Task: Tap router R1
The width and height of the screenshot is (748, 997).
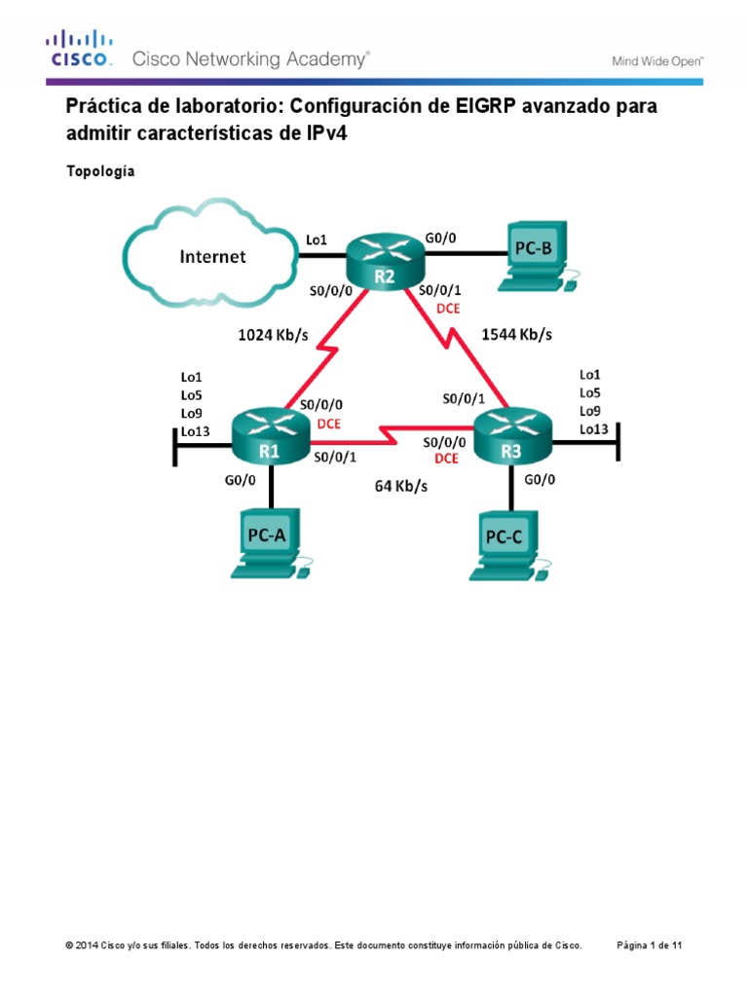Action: click(269, 435)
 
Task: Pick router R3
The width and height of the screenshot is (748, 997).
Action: click(511, 435)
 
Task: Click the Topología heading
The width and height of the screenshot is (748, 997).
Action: click(100, 171)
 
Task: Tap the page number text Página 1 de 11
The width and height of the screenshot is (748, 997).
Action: click(655, 945)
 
